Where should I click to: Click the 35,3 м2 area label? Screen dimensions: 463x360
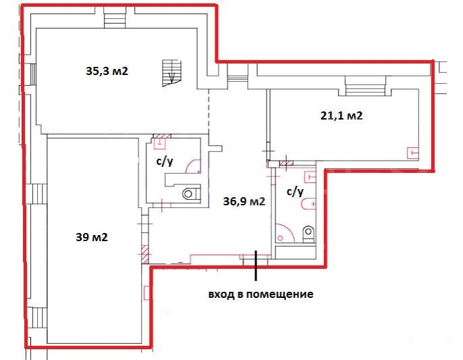pos(107,71)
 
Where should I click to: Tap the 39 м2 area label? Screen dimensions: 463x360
pos(92,237)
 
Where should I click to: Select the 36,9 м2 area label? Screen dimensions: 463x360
pos(244,201)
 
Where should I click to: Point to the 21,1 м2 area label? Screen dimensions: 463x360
pos(342,115)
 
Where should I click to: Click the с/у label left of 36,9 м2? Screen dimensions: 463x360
pos(165,161)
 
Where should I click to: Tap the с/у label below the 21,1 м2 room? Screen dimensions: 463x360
pos(295,192)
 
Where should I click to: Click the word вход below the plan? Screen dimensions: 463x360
pos(219,294)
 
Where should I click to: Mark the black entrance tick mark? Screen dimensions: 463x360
pos(256,265)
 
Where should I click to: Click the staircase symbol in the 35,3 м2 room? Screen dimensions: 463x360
pos(171,74)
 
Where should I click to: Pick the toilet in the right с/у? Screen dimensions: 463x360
pos(308,234)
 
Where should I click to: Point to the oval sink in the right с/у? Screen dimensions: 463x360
pos(308,204)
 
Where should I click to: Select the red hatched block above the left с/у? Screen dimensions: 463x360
pos(162,137)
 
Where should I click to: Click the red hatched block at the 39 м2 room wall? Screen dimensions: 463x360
pos(145,254)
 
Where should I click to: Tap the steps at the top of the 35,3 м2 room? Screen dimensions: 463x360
pos(115,18)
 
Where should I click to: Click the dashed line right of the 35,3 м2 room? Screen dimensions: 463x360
pos(209,111)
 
